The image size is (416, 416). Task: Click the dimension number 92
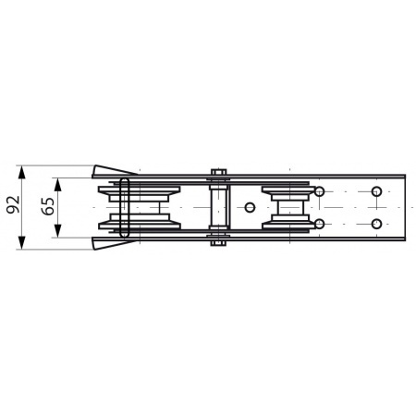pos(14,204)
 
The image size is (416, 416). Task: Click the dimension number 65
pos(48,206)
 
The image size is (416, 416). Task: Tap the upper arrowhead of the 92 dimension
pos(21,172)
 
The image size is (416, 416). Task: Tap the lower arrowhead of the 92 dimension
pos(21,243)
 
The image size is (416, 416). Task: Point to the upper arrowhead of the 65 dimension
pos(57,185)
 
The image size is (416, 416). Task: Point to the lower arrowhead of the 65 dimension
pos(57,231)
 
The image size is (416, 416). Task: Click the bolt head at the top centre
pos(218,172)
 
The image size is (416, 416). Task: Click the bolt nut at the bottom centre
pos(218,243)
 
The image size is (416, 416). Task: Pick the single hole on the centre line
pos(250,207)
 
